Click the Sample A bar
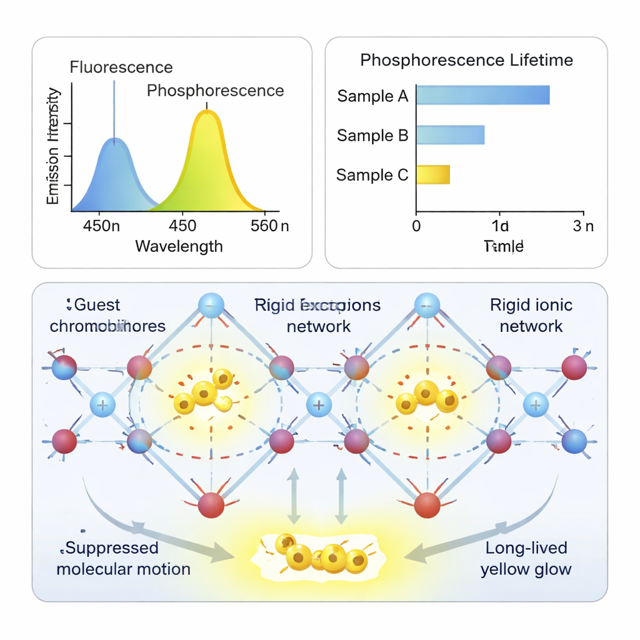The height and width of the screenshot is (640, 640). (482, 95)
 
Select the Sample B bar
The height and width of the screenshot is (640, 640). (450, 135)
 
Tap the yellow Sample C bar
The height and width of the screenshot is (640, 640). (432, 174)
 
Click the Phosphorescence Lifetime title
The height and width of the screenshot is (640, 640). (467, 60)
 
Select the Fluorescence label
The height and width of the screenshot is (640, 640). (121, 67)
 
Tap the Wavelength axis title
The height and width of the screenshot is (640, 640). (179, 246)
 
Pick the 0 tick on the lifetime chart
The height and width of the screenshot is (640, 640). (416, 226)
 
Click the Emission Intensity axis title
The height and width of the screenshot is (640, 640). (54, 147)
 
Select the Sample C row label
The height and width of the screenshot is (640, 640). (372, 175)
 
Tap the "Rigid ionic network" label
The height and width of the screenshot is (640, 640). (531, 316)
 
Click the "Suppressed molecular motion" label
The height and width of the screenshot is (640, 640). (123, 558)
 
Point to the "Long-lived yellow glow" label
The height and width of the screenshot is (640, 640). (526, 558)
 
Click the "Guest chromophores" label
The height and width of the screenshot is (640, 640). (107, 316)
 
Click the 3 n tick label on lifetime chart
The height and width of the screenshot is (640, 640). (582, 226)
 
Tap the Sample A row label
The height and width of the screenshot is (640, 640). (372, 96)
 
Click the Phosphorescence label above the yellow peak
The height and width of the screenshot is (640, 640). (215, 91)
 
